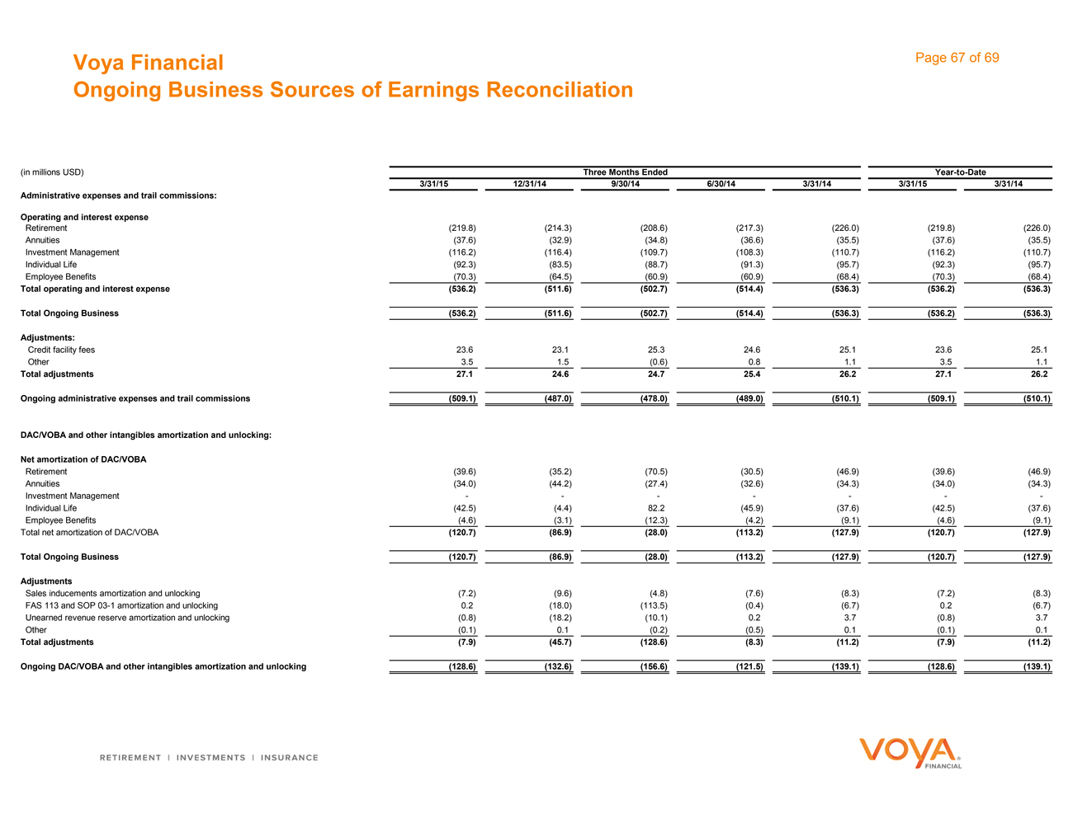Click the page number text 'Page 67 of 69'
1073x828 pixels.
pos(957,58)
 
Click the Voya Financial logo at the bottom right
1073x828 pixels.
pos(910,753)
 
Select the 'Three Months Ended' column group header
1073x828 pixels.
pos(625,172)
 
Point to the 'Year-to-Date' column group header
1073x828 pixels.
pos(960,172)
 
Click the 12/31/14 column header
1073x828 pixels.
pos(530,184)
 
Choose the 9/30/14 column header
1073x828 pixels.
pos(625,184)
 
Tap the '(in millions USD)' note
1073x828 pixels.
pos(51,172)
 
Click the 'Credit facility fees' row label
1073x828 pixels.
pos(61,350)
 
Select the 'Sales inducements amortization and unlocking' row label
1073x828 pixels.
pos(112,593)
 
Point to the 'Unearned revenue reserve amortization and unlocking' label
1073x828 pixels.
pos(127,618)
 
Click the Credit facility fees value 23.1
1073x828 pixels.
pos(560,350)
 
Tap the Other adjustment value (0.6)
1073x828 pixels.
pos(657,362)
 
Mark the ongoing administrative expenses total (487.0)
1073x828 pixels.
pos(557,398)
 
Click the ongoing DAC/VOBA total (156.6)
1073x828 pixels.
pos(653,666)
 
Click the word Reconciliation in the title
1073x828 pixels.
pos(560,90)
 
